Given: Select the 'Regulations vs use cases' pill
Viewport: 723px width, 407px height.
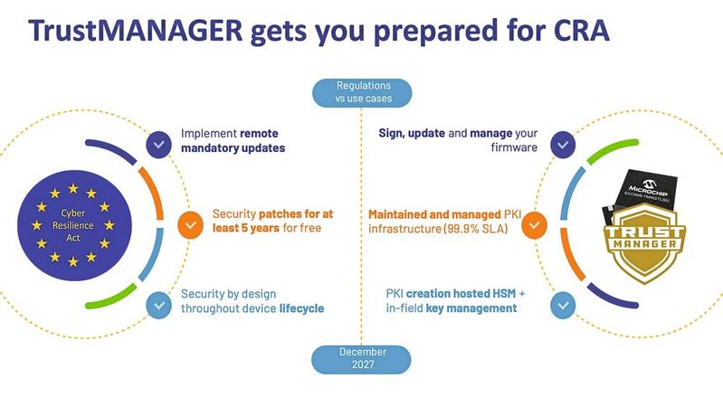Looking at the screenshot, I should coord(361,91).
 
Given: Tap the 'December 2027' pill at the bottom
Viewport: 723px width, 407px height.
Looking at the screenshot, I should coord(361,359).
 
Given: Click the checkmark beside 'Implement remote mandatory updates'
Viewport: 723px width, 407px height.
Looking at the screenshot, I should coord(159,143).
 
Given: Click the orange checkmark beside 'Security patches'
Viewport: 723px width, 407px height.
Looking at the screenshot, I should coord(190,223).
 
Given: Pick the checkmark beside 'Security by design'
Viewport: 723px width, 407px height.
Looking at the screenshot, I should coord(159,304).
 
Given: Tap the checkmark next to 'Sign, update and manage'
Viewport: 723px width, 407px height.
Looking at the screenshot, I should coord(563,143).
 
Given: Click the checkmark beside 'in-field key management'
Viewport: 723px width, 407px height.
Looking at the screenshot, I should coord(563,304).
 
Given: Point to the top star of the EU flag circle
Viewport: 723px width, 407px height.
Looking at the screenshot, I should coord(71,188).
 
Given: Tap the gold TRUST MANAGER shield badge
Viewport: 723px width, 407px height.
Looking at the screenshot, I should coord(648,241).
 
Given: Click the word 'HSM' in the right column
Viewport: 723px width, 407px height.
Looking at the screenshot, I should coord(509,294).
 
